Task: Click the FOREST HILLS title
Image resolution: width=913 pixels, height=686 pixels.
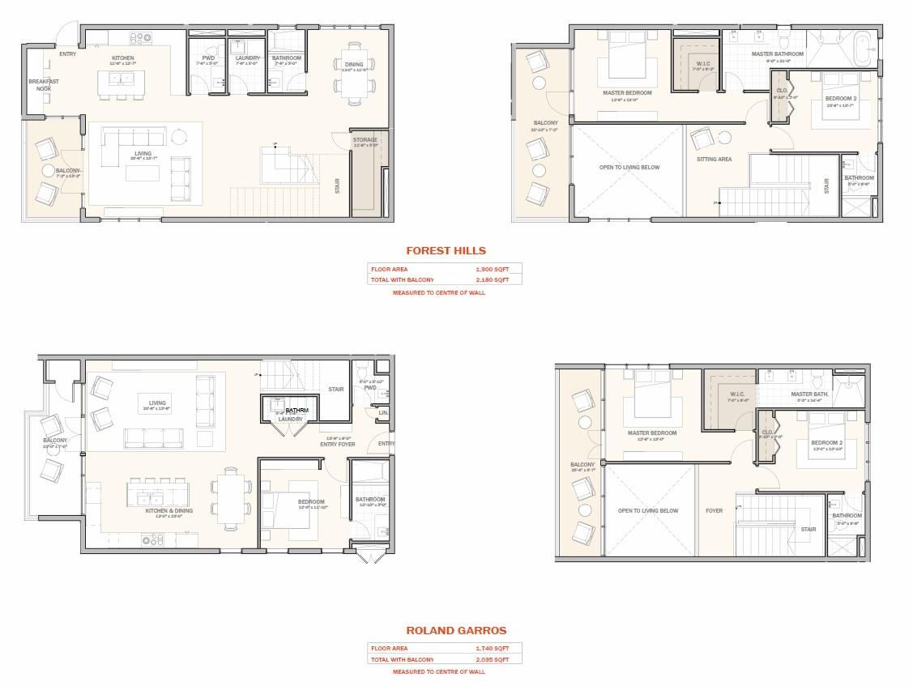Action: tap(446, 251)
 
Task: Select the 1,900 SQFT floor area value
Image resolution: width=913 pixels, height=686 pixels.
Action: tap(492, 269)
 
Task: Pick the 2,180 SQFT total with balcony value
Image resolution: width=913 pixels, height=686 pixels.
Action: tap(492, 279)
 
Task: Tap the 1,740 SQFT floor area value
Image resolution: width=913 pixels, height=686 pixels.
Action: tap(492, 649)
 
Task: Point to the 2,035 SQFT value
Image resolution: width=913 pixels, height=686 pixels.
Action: tap(492, 659)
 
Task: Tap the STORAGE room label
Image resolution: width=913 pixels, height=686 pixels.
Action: tap(365, 140)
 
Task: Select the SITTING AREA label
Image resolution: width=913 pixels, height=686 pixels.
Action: tap(714, 160)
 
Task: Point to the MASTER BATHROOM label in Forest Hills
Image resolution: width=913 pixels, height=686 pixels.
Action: tap(777, 54)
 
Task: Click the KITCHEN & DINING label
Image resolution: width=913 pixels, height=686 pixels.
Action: tap(169, 511)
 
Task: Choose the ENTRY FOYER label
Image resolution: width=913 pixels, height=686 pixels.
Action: tap(338, 443)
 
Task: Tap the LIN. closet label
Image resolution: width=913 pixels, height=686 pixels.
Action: tap(382, 413)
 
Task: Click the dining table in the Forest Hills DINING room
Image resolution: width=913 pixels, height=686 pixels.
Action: tap(354, 73)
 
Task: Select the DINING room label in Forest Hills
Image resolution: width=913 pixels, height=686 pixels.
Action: tap(354, 64)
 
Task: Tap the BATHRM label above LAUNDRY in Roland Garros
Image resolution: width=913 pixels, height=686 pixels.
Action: tap(297, 411)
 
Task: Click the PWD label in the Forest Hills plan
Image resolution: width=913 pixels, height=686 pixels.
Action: tap(207, 58)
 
